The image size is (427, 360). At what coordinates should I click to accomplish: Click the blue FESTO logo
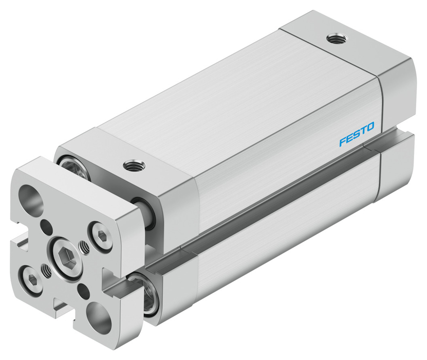point(357,134)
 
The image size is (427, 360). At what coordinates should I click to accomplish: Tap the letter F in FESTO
point(343,142)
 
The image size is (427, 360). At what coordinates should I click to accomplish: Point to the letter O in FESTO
point(370,127)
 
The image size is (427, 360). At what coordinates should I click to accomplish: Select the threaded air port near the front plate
point(134,165)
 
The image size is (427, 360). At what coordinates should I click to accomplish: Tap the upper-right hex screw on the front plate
point(100,235)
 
